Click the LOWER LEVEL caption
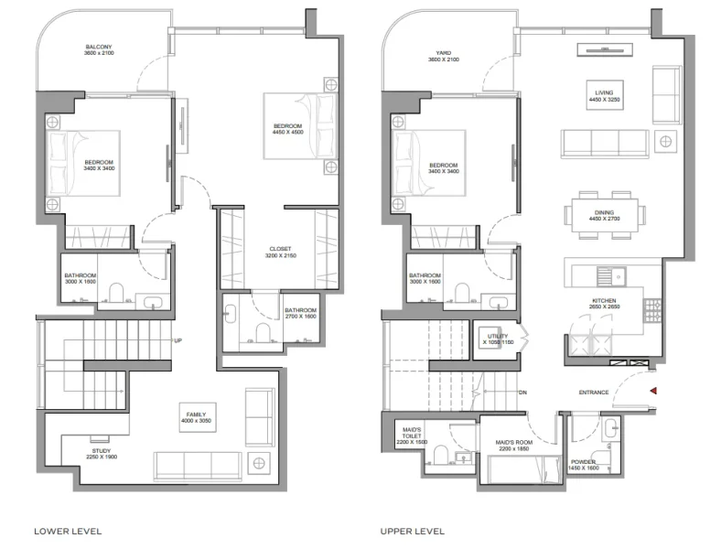click(68, 531)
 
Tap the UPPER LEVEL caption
click(413, 531)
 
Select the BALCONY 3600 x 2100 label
click(99, 50)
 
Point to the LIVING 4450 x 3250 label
click(604, 95)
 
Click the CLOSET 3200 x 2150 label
click(280, 253)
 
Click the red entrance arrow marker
click(652, 392)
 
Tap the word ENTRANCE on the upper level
click(594, 393)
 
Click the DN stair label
click(523, 393)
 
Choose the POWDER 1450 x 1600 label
click(583, 465)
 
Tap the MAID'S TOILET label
click(414, 435)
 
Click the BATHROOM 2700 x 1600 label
click(299, 314)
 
